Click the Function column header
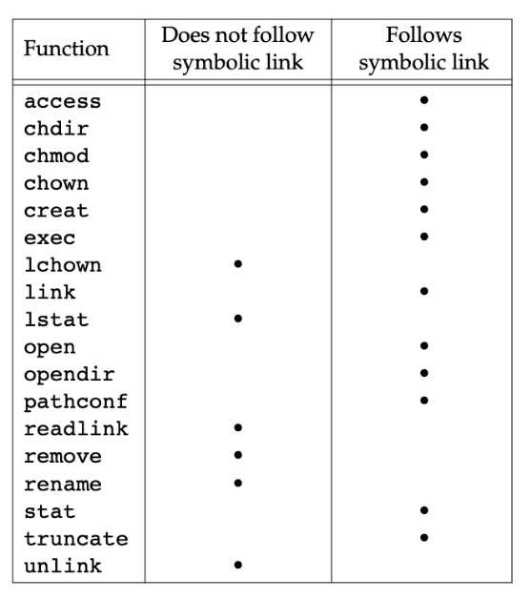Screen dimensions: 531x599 pyautogui.click(x=67, y=49)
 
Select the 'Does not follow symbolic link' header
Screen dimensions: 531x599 pyautogui.click(x=237, y=49)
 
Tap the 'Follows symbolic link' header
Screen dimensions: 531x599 pyautogui.click(x=423, y=49)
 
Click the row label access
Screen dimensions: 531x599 pyautogui.click(x=63, y=102)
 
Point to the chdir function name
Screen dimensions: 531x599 pyautogui.click(x=56, y=129)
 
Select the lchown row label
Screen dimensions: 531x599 pyautogui.click(x=63, y=265)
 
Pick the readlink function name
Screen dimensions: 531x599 pyautogui.click(x=76, y=428)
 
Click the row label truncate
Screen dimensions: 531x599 pyautogui.click(x=76, y=539)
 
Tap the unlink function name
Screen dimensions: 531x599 pyautogui.click(x=63, y=566)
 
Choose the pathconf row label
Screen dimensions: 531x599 pyautogui.click(x=75, y=403)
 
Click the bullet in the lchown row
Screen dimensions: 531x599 pyautogui.click(x=237, y=264)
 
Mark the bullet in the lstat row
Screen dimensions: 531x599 pyautogui.click(x=237, y=319)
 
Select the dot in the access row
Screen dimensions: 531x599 pyautogui.click(x=423, y=100)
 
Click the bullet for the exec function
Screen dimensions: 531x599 pyautogui.click(x=423, y=237)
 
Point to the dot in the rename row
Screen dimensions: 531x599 pyautogui.click(x=237, y=483)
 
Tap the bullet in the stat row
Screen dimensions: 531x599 pyautogui.click(x=423, y=510)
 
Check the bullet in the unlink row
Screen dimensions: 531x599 pyautogui.click(x=237, y=565)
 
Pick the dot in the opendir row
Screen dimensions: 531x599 pyautogui.click(x=423, y=373)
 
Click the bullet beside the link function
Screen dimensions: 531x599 pyautogui.click(x=423, y=291)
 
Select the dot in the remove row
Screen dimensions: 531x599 pyautogui.click(x=237, y=455)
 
